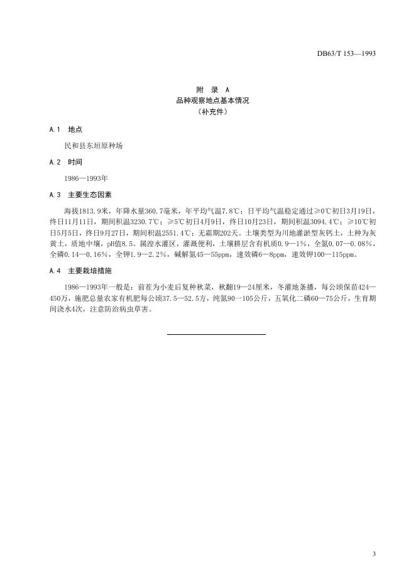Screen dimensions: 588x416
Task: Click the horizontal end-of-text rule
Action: coord(216,334)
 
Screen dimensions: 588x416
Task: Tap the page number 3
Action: coord(374,553)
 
